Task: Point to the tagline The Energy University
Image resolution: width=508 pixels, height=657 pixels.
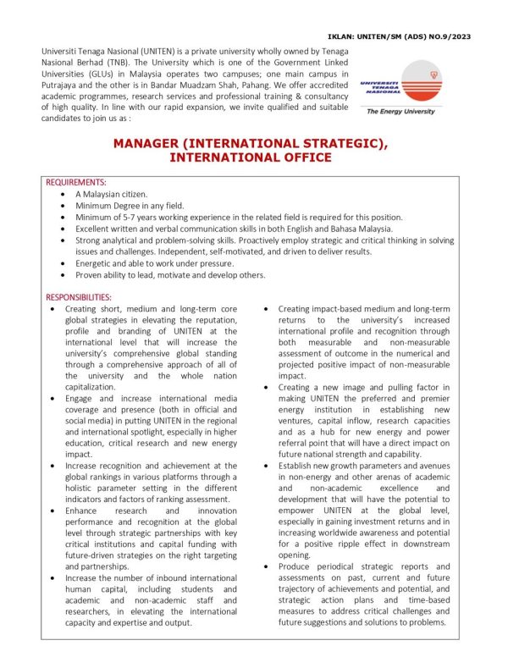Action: point(399,111)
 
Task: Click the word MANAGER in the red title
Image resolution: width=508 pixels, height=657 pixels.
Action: point(156,144)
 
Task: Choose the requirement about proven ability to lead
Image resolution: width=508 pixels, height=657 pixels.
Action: point(170,276)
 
